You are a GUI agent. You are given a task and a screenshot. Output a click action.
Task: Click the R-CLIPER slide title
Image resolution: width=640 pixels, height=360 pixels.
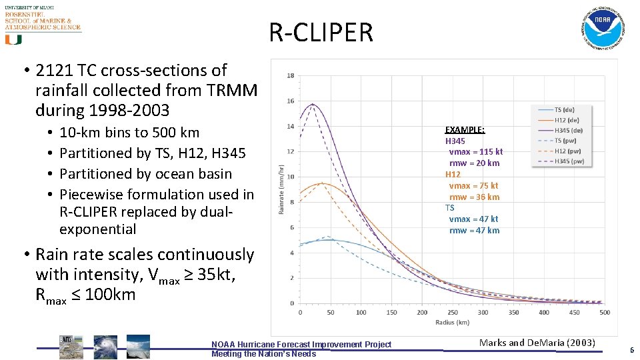point(321,32)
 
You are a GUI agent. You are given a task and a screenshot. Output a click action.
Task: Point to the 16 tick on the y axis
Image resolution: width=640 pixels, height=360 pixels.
point(290,101)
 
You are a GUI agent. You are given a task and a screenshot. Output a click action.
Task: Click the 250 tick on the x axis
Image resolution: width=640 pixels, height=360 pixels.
point(453,312)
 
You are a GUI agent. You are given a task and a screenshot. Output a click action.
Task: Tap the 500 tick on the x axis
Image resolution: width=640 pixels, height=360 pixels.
point(605,312)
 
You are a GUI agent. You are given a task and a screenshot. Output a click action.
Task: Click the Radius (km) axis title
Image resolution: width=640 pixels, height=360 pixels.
point(453,322)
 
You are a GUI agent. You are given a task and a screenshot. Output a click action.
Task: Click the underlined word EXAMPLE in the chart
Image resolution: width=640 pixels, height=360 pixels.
point(465,130)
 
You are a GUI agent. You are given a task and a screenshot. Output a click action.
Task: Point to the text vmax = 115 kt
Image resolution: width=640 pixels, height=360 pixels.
point(476,152)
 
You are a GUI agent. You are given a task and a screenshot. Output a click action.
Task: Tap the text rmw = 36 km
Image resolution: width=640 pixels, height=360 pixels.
point(474,197)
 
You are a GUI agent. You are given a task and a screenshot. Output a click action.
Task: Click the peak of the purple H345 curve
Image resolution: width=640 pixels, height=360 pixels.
point(312,104)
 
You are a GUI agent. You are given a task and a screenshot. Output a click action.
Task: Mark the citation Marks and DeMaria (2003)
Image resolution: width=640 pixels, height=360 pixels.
point(537,343)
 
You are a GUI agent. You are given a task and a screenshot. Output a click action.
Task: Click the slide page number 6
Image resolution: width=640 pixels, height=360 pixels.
point(631,350)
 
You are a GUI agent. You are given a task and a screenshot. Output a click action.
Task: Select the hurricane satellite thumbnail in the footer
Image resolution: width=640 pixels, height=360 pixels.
point(105,347)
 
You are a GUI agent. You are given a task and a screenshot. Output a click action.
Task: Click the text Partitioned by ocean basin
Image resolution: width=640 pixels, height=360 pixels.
point(145,174)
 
